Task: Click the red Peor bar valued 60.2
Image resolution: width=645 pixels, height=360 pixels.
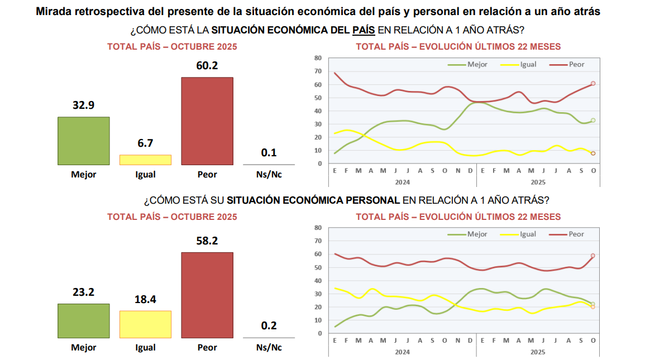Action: pyautogui.click(x=207, y=121)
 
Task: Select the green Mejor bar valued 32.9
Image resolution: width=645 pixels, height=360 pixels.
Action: pyautogui.click(x=84, y=141)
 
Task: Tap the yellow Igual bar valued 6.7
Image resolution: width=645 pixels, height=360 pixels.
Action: pyautogui.click(x=145, y=160)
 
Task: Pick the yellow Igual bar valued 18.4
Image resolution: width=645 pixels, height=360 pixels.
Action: pyautogui.click(x=145, y=324)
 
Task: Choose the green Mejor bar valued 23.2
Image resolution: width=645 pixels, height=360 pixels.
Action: pyautogui.click(x=84, y=320)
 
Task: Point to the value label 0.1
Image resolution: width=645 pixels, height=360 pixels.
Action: pyautogui.click(x=269, y=152)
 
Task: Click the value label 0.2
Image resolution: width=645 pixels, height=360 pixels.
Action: pyautogui.click(x=269, y=325)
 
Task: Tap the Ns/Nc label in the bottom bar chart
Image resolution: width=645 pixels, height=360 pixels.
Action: pyautogui.click(x=269, y=347)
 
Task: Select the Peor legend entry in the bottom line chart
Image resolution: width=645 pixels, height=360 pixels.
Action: pyautogui.click(x=576, y=234)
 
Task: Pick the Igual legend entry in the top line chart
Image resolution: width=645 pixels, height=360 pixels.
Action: pyautogui.click(x=528, y=64)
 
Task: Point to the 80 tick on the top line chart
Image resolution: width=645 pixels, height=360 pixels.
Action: pyautogui.click(x=318, y=57)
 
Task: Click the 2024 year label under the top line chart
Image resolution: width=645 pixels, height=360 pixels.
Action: pyautogui.click(x=402, y=182)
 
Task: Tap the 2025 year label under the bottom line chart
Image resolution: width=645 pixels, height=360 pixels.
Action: pyautogui.click(x=537, y=352)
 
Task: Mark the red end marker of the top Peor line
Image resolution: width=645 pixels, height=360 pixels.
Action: pyautogui.click(x=593, y=83)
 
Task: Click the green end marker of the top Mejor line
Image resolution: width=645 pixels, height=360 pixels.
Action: pyautogui.click(x=593, y=120)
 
